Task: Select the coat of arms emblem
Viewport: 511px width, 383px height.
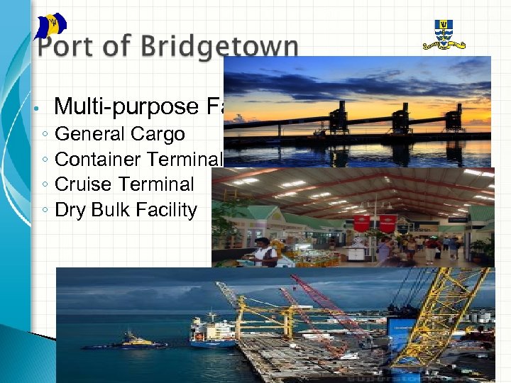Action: (x=444, y=34)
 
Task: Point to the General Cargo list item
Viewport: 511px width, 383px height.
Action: (x=119, y=133)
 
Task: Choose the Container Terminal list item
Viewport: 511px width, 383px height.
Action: (x=139, y=159)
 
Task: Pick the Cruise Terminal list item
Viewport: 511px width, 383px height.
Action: (x=123, y=184)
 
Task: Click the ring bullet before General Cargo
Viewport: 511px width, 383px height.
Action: (x=45, y=135)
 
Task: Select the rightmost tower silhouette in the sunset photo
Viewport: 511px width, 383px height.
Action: (x=454, y=117)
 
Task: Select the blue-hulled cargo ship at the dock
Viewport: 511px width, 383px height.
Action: (x=213, y=333)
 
